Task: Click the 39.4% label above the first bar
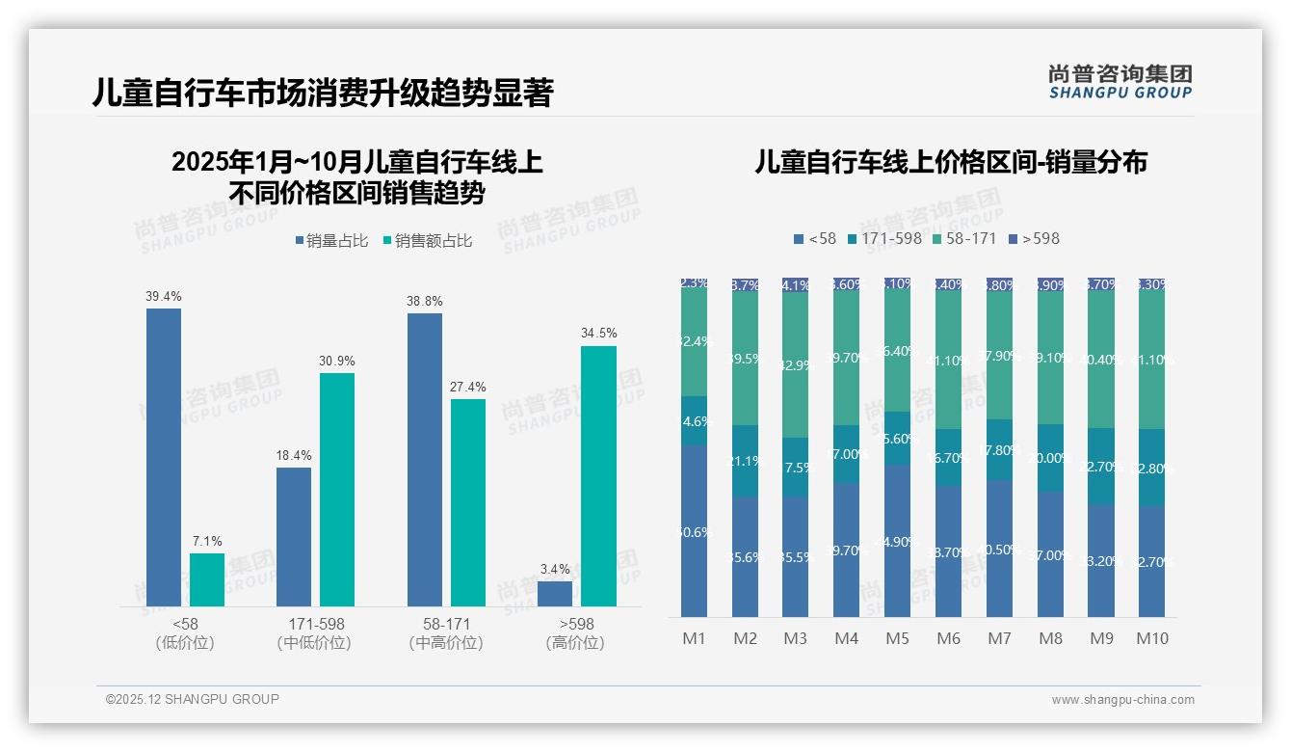tap(163, 297)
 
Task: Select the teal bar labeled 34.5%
tap(598, 475)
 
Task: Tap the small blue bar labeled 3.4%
tap(555, 594)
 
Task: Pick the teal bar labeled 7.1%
tap(206, 579)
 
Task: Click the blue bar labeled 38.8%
tap(425, 459)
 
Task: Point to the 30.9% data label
tap(337, 361)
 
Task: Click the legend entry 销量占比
tap(331, 241)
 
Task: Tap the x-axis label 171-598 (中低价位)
tap(315, 633)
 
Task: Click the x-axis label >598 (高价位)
tap(575, 633)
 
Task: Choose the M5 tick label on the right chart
tap(897, 638)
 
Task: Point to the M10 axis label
tap(1151, 638)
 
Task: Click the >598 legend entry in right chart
tap(1034, 238)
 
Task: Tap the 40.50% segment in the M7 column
tap(999, 549)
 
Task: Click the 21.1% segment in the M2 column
tap(745, 461)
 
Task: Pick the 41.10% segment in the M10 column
tap(1151, 360)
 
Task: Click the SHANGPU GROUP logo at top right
tap(1120, 81)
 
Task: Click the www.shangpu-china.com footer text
tap(1122, 700)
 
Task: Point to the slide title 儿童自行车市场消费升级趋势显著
tap(322, 94)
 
